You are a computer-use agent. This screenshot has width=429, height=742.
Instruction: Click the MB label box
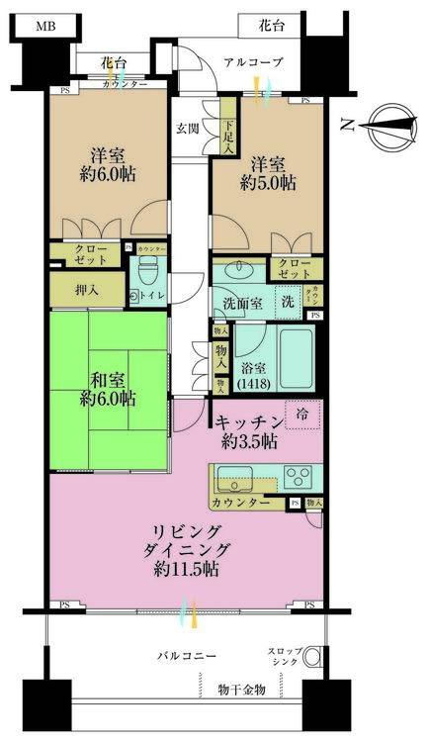coord(45,26)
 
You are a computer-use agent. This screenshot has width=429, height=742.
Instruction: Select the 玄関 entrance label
coord(187,128)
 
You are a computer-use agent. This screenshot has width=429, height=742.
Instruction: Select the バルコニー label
coord(186,655)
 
